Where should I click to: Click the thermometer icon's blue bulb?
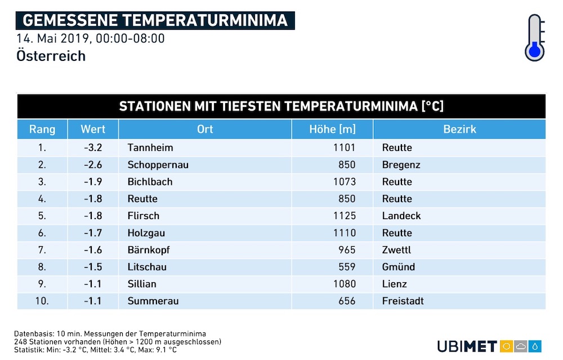pyautogui.click(x=535, y=51)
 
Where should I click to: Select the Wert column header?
pyautogui.click(x=93, y=130)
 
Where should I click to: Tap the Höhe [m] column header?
pyautogui.click(x=333, y=130)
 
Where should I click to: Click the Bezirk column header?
pyautogui.click(x=459, y=130)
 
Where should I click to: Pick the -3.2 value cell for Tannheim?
pyautogui.click(x=93, y=148)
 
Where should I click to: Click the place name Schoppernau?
pyautogui.click(x=158, y=165)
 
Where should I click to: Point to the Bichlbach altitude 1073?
pyautogui.click(x=345, y=182)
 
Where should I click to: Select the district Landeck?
pyautogui.click(x=401, y=216)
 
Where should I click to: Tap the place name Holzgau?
pyautogui.click(x=146, y=233)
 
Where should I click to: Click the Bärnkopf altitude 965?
pyautogui.click(x=347, y=250)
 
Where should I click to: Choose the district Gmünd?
pyautogui.click(x=399, y=267)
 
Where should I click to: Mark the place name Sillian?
pyautogui.click(x=142, y=284)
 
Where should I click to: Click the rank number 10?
pyautogui.click(x=42, y=301)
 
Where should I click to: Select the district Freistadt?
pyautogui.click(x=403, y=301)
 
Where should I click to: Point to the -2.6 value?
pyautogui.click(x=93, y=165)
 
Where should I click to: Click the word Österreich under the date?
pyautogui.click(x=51, y=56)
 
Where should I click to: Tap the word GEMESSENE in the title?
pyautogui.click(x=70, y=20)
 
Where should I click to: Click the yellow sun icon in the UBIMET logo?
pyautogui.click(x=506, y=346)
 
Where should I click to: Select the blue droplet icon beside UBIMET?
pyautogui.click(x=535, y=346)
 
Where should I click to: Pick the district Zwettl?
pyautogui.click(x=396, y=250)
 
